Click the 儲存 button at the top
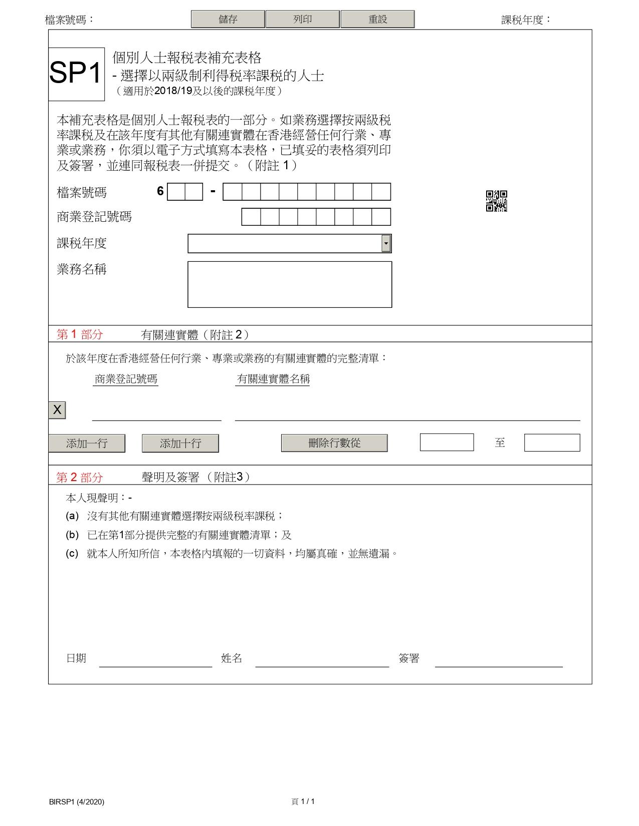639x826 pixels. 228,19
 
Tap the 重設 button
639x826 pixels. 377,19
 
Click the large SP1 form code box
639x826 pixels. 76,74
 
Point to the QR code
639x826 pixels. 496,201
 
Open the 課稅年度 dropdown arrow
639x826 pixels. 385,243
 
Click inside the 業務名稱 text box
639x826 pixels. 289,284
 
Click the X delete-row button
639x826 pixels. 57,410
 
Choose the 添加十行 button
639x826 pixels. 180,443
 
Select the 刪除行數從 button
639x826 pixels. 334,443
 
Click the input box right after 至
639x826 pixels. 551,443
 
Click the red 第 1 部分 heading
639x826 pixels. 80,334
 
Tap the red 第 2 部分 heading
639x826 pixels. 80,477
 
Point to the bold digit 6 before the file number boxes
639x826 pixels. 160,191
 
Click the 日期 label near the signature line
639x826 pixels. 76,658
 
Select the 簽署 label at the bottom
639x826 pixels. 409,658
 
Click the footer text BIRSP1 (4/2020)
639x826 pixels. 77,801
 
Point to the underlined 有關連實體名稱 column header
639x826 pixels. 273,379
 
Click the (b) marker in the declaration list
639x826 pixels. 72,535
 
